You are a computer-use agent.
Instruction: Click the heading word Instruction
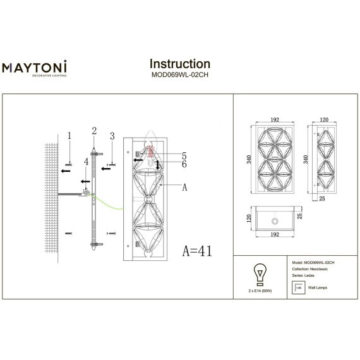pyautogui.click(x=179, y=64)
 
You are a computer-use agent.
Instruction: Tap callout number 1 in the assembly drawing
pyautogui.click(x=70, y=135)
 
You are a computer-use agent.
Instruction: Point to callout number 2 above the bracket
pyautogui.click(x=94, y=131)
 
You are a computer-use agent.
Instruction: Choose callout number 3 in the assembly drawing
pyautogui.click(x=112, y=135)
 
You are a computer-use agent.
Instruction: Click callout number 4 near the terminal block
pyautogui.click(x=87, y=162)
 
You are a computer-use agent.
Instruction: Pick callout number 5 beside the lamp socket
pyautogui.click(x=184, y=155)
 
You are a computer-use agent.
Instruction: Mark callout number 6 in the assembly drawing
pyautogui.click(x=184, y=164)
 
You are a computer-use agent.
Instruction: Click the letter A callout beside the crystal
pyautogui.click(x=184, y=187)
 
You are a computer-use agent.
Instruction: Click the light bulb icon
pyautogui.click(x=258, y=273)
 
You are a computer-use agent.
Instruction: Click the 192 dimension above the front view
pyautogui.click(x=275, y=118)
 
